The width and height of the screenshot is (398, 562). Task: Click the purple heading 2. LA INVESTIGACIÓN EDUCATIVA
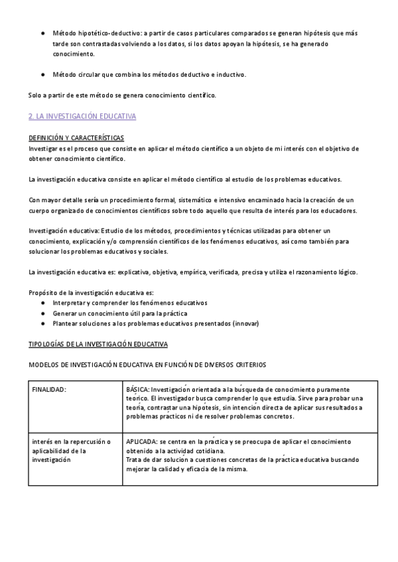(x=82, y=116)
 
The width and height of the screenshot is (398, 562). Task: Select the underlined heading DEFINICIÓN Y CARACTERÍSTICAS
(x=76, y=138)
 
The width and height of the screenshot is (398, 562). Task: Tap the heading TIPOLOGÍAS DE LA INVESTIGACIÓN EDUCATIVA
(x=98, y=345)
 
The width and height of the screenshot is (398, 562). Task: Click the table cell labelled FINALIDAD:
(x=49, y=390)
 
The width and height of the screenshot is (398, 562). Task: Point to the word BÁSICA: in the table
(x=138, y=390)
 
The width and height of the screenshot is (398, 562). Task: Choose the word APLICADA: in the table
(x=142, y=441)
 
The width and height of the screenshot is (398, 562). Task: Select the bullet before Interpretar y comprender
(x=44, y=302)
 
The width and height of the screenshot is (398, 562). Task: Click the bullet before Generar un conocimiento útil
(x=44, y=313)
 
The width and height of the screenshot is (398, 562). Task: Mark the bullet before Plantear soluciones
(x=44, y=323)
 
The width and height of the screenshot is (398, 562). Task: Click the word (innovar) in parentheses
(x=244, y=323)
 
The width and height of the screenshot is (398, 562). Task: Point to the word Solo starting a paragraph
(x=35, y=95)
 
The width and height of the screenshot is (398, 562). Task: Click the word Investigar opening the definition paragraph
(x=44, y=148)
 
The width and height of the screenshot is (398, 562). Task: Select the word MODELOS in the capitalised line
(x=44, y=365)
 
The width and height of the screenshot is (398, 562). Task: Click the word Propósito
(x=43, y=292)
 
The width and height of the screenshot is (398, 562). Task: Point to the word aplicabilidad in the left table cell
(x=52, y=450)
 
